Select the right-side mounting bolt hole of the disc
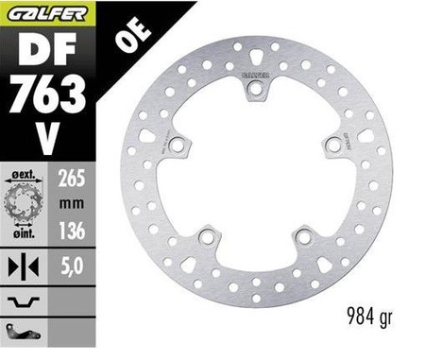(x=331, y=145)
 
